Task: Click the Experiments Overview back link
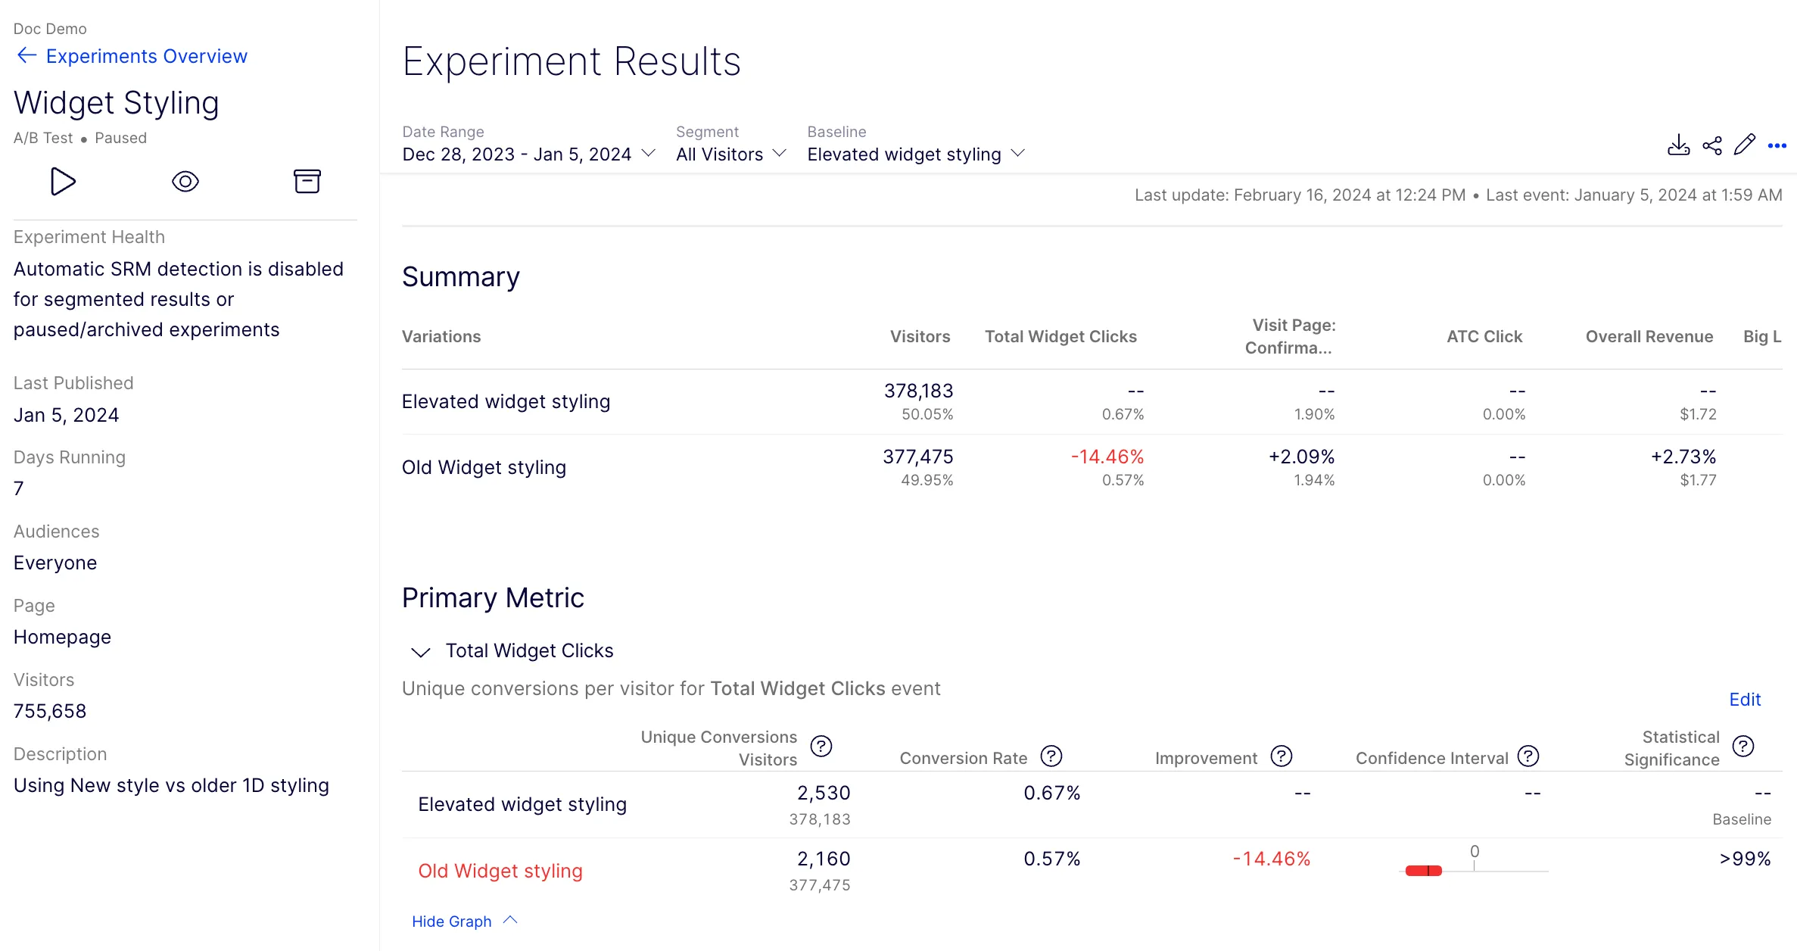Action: click(x=132, y=56)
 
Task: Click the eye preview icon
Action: click(x=185, y=182)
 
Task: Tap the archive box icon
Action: click(x=307, y=182)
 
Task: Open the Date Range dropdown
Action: click(x=528, y=154)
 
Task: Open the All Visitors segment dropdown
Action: click(x=731, y=154)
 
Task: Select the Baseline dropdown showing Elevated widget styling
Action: click(x=916, y=154)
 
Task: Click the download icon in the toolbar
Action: click(x=1678, y=145)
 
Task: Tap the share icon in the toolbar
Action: click(x=1712, y=145)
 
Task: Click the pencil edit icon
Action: click(x=1745, y=145)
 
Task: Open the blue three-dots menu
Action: click(x=1777, y=145)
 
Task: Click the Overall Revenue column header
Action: click(x=1649, y=337)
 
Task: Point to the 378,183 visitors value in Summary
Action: click(x=918, y=391)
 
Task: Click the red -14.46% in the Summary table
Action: click(x=1107, y=457)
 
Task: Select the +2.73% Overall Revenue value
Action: click(x=1683, y=457)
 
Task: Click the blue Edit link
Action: click(x=1745, y=700)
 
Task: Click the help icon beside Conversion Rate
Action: click(x=1051, y=756)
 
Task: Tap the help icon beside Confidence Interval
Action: click(x=1528, y=756)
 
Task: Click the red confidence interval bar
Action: click(x=1423, y=871)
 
